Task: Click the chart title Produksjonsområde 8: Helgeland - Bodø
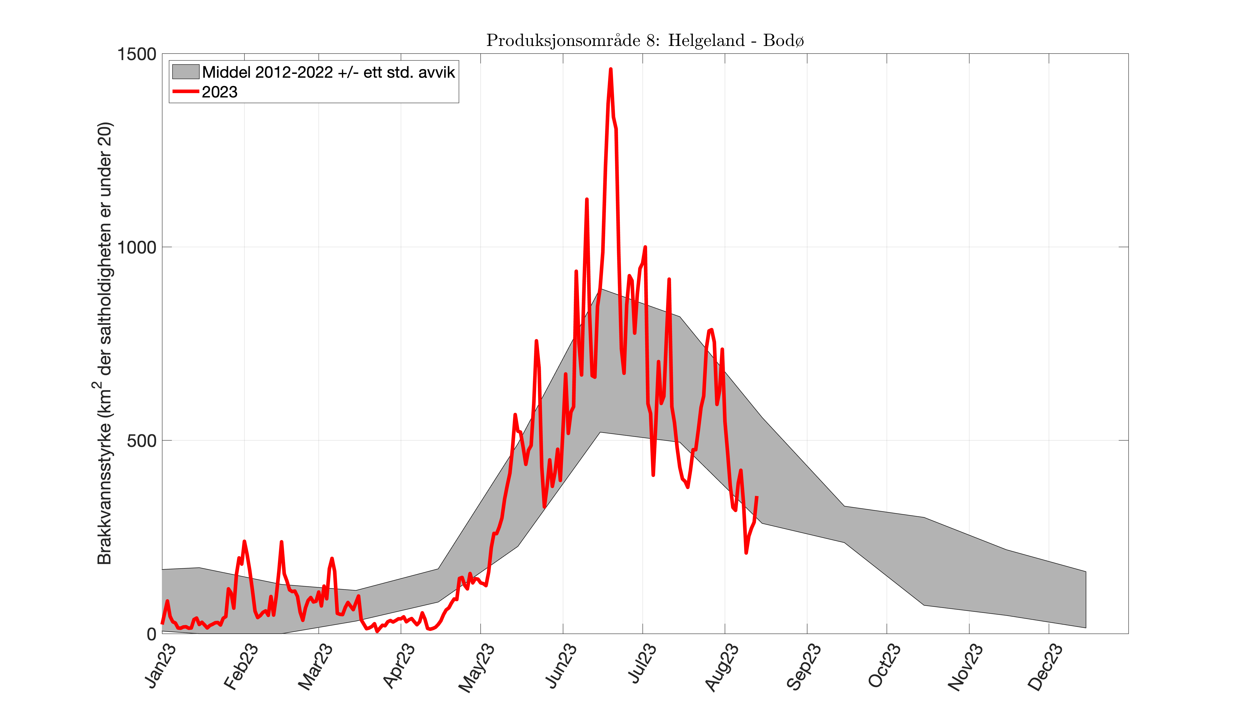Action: (645, 40)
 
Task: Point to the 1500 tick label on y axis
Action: (136, 54)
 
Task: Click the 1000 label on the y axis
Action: (136, 247)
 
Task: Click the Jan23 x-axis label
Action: (160, 666)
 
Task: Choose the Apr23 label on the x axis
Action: (398, 666)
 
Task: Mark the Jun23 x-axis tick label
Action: (561, 666)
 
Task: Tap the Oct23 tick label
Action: (884, 666)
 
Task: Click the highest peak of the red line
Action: (610, 69)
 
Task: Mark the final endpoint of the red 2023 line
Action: (757, 497)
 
